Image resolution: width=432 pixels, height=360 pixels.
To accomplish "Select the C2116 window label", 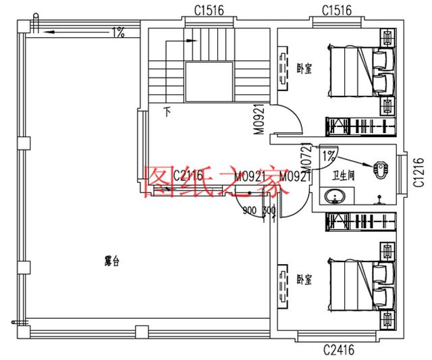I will [188, 176].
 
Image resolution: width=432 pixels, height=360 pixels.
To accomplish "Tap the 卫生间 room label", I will [343, 177].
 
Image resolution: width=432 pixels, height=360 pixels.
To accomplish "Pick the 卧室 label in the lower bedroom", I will [304, 278].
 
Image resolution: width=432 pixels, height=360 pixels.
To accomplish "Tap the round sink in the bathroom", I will [333, 197].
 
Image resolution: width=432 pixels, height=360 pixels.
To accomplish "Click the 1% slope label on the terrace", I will [118, 32].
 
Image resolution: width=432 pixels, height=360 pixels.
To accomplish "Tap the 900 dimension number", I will [249, 210].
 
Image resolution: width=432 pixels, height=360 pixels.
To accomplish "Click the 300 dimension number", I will [268, 210].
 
